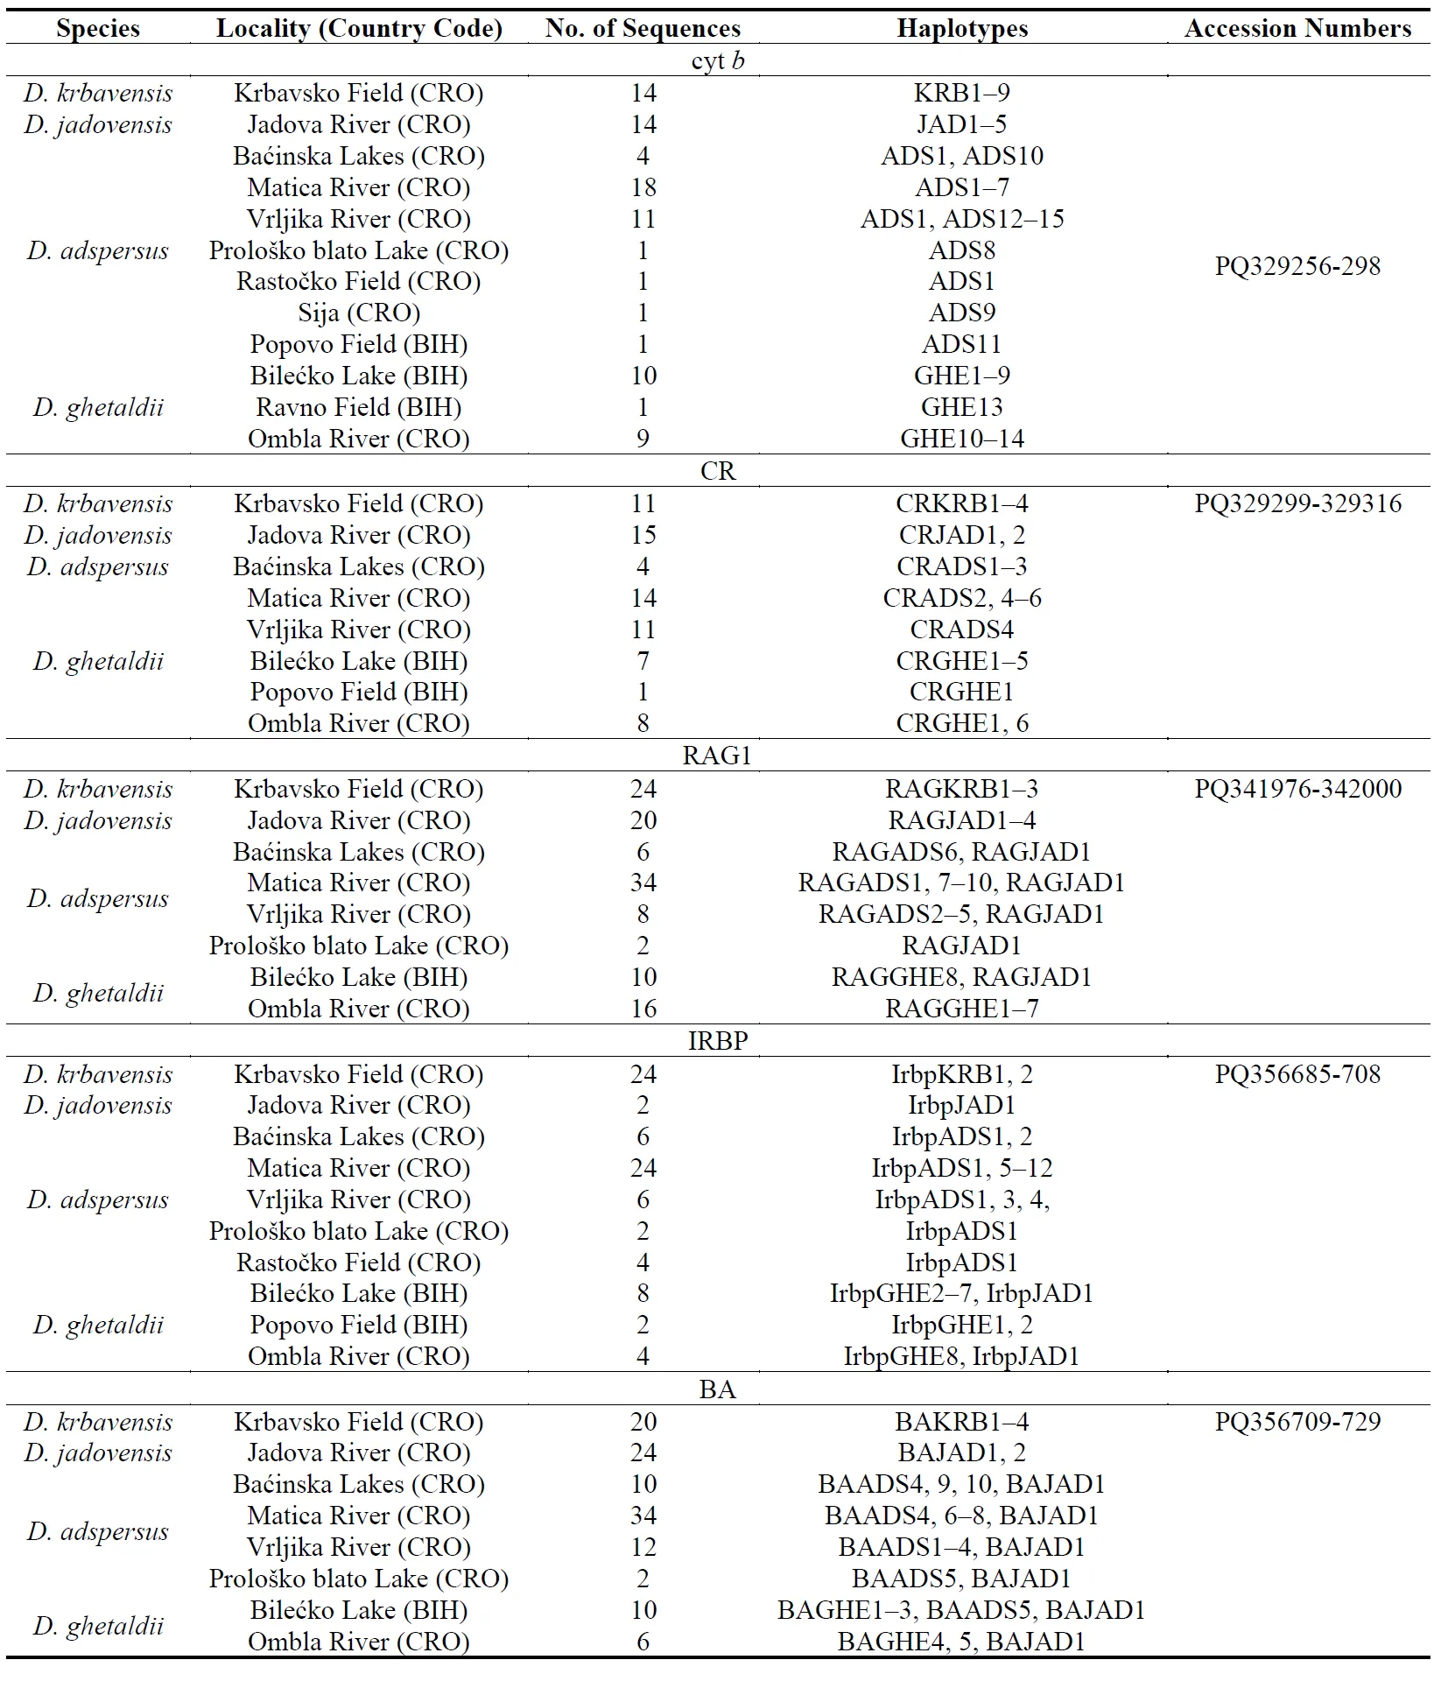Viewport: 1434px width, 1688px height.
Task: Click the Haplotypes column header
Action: [x=962, y=29]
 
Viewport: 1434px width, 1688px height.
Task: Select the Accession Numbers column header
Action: [x=1297, y=29]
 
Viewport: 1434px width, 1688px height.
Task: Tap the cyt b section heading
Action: [x=717, y=61]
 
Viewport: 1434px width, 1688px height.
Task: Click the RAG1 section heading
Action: [x=717, y=756]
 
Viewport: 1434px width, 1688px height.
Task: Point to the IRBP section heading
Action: [x=717, y=1041]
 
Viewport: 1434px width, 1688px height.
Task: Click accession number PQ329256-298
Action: [x=1297, y=266]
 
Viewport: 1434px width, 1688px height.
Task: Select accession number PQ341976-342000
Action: [x=1297, y=789]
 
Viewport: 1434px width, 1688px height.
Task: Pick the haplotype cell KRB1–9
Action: [x=962, y=93]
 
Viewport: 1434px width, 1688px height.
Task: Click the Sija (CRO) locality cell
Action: [x=359, y=313]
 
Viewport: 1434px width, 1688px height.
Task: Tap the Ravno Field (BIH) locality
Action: [x=359, y=407]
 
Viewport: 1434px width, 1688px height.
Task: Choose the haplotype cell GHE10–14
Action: [x=962, y=439]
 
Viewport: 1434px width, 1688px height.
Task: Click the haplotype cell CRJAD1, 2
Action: [x=962, y=535]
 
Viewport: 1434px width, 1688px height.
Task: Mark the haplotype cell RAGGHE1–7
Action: [x=962, y=1009]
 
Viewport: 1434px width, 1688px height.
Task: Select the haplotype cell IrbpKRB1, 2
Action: [x=962, y=1074]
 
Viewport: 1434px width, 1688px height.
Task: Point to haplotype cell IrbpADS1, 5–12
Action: [x=962, y=1168]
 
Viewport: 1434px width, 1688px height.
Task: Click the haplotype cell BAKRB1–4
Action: [x=962, y=1422]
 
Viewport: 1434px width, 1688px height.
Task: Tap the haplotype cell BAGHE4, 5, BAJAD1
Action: [x=962, y=1642]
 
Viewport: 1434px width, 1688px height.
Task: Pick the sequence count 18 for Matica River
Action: [x=643, y=187]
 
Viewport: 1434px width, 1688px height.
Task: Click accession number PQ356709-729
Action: [x=1297, y=1422]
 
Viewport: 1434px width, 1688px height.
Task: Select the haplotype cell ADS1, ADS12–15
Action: [x=962, y=219]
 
